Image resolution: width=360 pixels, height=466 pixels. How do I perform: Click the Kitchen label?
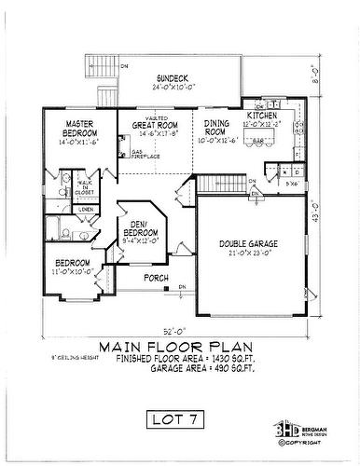(x=262, y=116)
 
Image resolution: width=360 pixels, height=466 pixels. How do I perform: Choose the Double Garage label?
(x=247, y=243)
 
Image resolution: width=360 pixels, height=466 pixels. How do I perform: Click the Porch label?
(x=156, y=278)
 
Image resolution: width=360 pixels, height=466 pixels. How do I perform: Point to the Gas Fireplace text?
(x=142, y=153)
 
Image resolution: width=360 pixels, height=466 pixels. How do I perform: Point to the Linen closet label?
(x=85, y=210)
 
